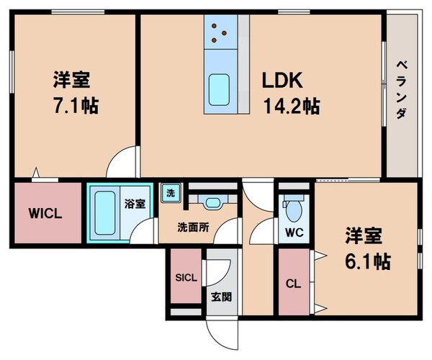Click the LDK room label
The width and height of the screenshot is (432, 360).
coord(282,80)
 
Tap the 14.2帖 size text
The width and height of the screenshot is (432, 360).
coord(292,107)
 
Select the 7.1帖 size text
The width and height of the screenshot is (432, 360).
coord(76,106)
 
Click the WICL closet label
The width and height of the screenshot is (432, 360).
coord(45,213)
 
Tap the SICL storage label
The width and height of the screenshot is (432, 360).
coord(186,278)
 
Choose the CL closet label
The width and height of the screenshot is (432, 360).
coord(293,284)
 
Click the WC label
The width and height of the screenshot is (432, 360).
coord(294,233)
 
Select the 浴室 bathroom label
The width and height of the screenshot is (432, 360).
coord(135,204)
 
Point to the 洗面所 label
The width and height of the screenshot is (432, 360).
coord(193,228)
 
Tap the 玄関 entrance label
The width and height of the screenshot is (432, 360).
coord(222,297)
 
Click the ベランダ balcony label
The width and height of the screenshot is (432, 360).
coord(402,90)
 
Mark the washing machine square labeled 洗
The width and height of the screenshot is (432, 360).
coord(171,193)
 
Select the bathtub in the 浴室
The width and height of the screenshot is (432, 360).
coord(105,212)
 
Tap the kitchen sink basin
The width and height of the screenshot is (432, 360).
coord(219,90)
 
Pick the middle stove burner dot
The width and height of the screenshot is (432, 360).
coord(224,33)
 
